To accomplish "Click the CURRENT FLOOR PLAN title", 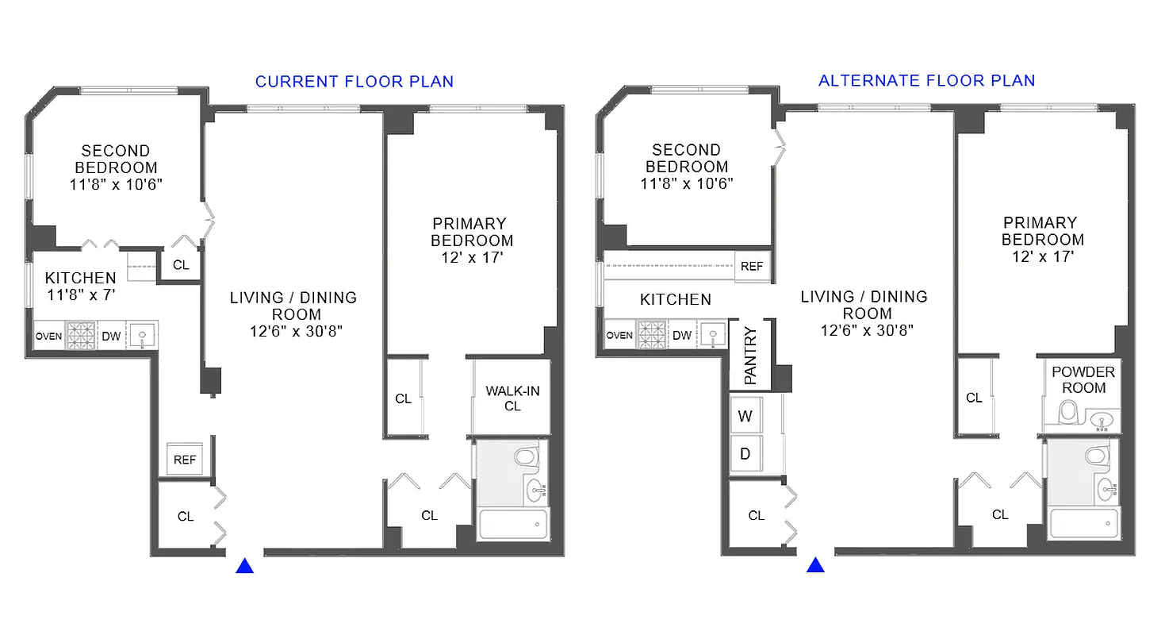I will (354, 82).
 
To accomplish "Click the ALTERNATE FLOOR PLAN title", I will (926, 81).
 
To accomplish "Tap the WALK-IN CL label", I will (512, 398).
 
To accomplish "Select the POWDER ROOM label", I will (1083, 380).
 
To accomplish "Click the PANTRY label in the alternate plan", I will (750, 353).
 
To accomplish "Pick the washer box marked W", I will (745, 416).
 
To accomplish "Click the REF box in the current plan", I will (185, 460).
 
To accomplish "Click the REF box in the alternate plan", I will (752, 267).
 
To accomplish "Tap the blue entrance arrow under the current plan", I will (245, 566).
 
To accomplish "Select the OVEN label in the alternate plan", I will (619, 336).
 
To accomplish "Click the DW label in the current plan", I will (111, 337).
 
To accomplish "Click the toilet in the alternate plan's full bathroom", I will (1096, 456).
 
